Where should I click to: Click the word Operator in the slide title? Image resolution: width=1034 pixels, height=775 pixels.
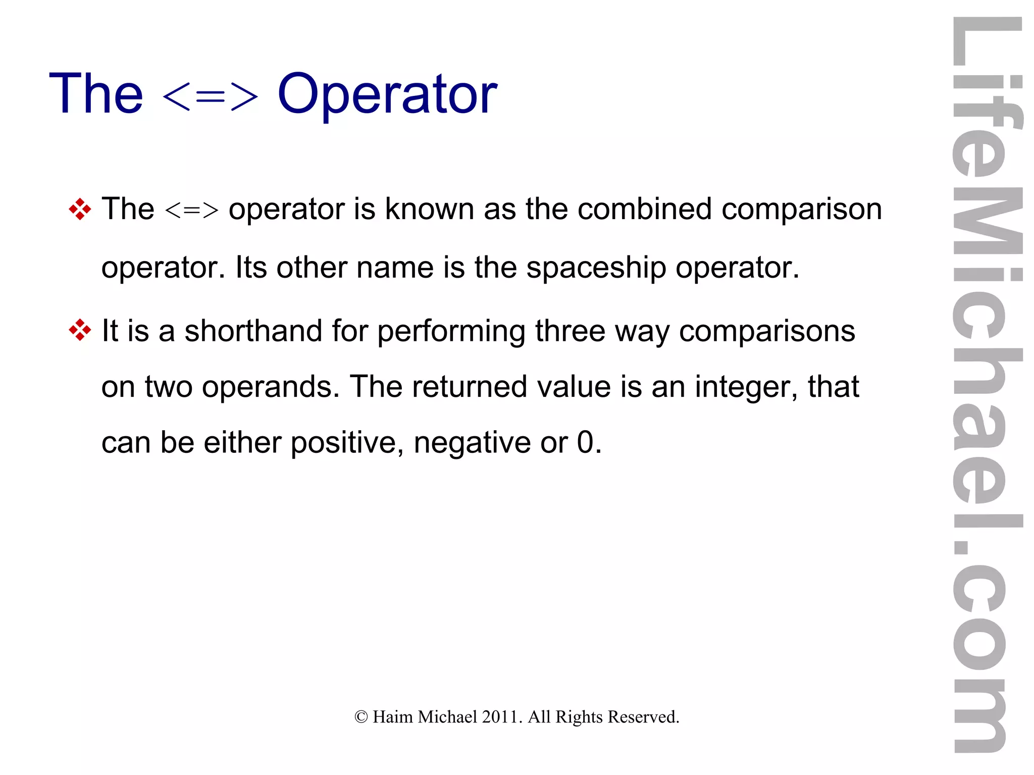(387, 95)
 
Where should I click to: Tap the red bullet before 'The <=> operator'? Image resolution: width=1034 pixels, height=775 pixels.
(80, 209)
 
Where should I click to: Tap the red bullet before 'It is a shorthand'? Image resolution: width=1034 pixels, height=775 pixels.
(80, 331)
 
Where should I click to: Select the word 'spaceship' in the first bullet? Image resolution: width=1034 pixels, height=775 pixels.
(596, 268)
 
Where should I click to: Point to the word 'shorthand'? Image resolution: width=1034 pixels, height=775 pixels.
(253, 331)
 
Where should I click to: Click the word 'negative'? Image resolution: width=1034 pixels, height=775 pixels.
(472, 443)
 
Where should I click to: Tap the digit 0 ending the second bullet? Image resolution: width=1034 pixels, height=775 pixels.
(585, 443)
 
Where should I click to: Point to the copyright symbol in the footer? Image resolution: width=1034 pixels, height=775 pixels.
(361, 717)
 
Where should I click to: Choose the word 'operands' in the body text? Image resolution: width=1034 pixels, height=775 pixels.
(268, 388)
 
